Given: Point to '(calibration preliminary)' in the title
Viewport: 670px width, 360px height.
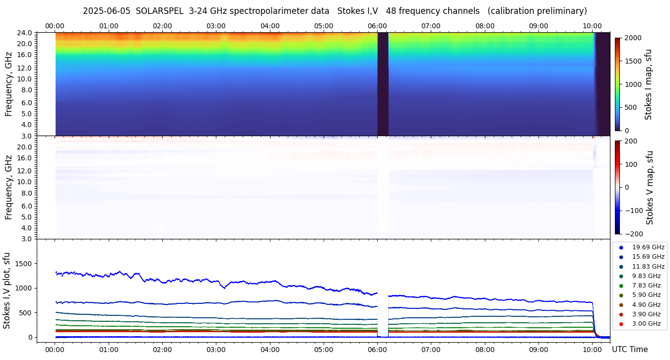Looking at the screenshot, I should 538,11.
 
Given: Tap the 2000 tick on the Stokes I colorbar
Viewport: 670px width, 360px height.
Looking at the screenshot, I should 633,38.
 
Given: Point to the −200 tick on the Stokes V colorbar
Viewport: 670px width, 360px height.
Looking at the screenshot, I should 633,234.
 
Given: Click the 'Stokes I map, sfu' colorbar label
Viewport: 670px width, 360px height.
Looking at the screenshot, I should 648,84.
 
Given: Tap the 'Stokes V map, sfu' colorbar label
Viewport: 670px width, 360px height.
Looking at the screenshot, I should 650,187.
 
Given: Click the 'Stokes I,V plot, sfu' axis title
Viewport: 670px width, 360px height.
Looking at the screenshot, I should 7,290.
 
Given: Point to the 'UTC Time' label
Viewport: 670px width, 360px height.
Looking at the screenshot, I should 630,350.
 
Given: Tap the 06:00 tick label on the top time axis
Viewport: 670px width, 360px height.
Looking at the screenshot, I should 377,26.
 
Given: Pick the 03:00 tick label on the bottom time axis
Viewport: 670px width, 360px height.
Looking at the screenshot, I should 216,350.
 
